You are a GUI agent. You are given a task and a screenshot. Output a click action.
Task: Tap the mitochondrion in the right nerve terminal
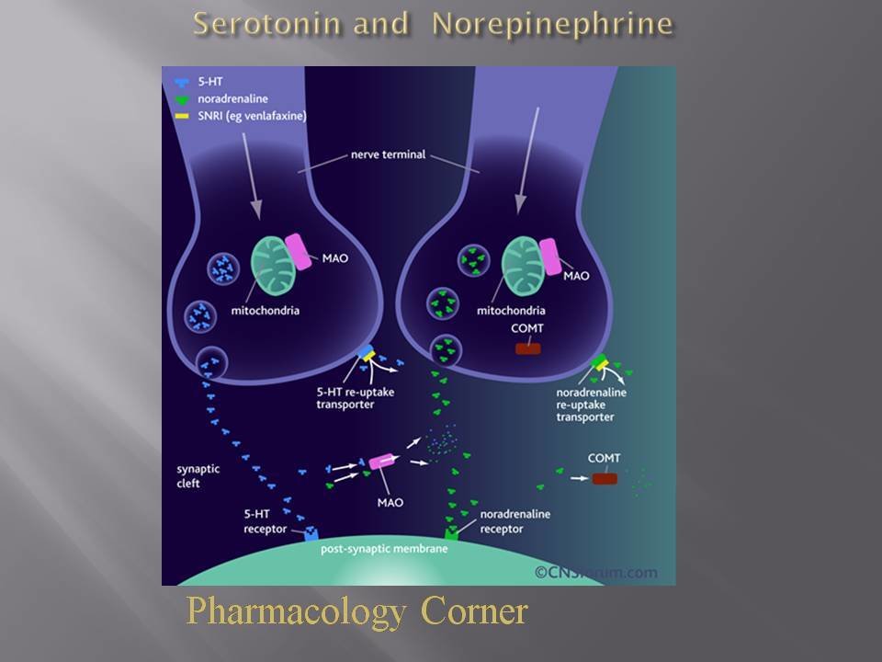coord(525,267)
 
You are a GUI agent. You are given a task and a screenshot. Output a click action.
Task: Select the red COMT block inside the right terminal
coord(527,348)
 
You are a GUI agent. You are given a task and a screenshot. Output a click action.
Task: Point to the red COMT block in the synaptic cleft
coord(605,478)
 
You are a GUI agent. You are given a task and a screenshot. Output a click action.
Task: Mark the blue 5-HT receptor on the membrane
coord(310,533)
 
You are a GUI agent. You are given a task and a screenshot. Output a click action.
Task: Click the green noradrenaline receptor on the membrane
coord(452,532)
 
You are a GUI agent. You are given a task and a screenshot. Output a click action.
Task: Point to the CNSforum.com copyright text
coord(596,572)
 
